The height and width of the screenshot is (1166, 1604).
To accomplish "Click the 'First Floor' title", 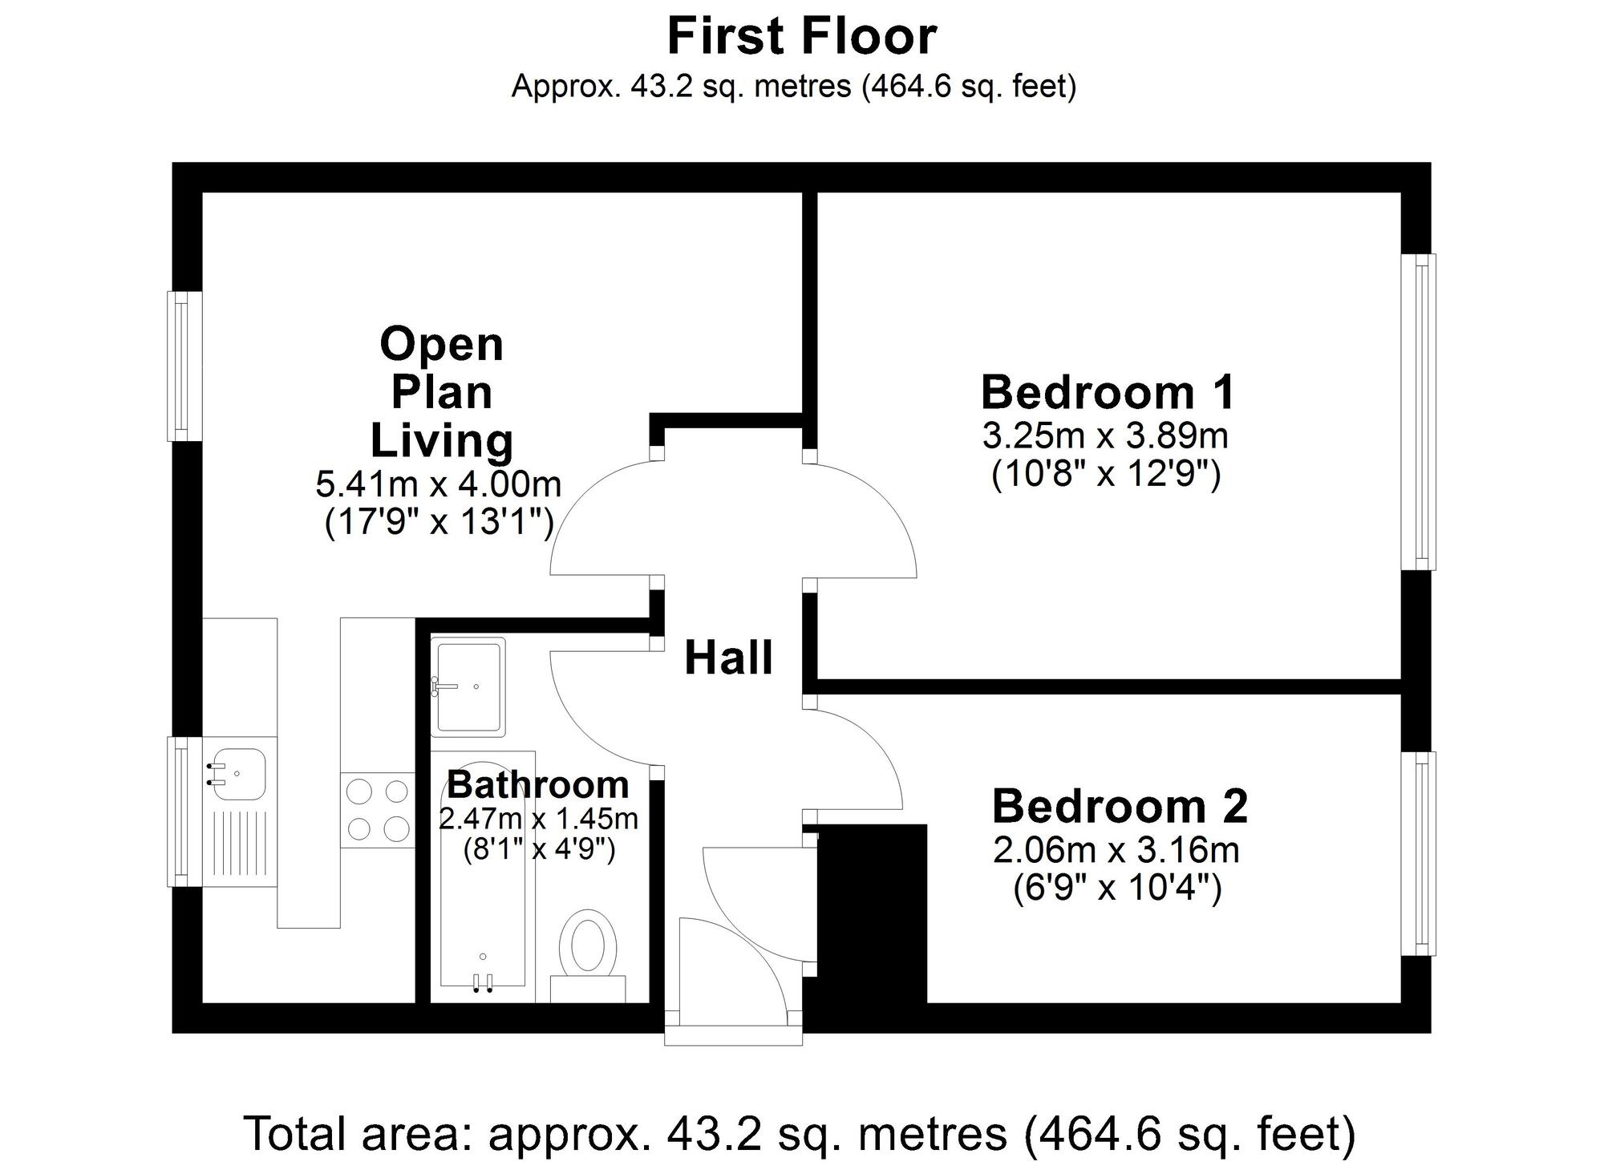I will click(x=801, y=36).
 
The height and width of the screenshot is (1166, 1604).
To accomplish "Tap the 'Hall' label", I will click(x=728, y=658).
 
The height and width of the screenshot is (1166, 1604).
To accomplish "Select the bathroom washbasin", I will click(x=468, y=686).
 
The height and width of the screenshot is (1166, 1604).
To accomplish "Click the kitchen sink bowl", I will click(x=237, y=774).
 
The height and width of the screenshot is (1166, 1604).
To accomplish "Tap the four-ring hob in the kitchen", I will click(x=377, y=809).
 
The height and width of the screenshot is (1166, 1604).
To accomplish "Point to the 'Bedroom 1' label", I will click(x=1107, y=393).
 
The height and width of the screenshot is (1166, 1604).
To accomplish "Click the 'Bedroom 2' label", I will click(x=1120, y=807).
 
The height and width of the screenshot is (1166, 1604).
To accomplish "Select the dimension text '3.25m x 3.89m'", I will click(x=1105, y=437).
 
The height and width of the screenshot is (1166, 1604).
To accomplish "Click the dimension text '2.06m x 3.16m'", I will click(x=1116, y=851).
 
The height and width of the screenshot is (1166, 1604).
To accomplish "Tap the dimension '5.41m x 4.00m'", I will click(x=438, y=484).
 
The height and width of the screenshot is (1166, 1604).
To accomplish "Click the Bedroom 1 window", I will click(x=1420, y=412).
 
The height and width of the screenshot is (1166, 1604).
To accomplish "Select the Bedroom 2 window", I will click(x=1420, y=853).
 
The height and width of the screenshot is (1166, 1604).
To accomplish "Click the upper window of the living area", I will click(x=184, y=366).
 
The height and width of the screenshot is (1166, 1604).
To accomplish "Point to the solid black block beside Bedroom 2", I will click(x=871, y=914).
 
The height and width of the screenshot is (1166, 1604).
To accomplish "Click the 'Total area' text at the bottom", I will click(x=800, y=1134).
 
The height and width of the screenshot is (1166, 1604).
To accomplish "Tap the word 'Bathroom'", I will click(x=537, y=785).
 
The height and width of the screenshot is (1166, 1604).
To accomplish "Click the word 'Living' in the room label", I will click(x=441, y=441).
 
